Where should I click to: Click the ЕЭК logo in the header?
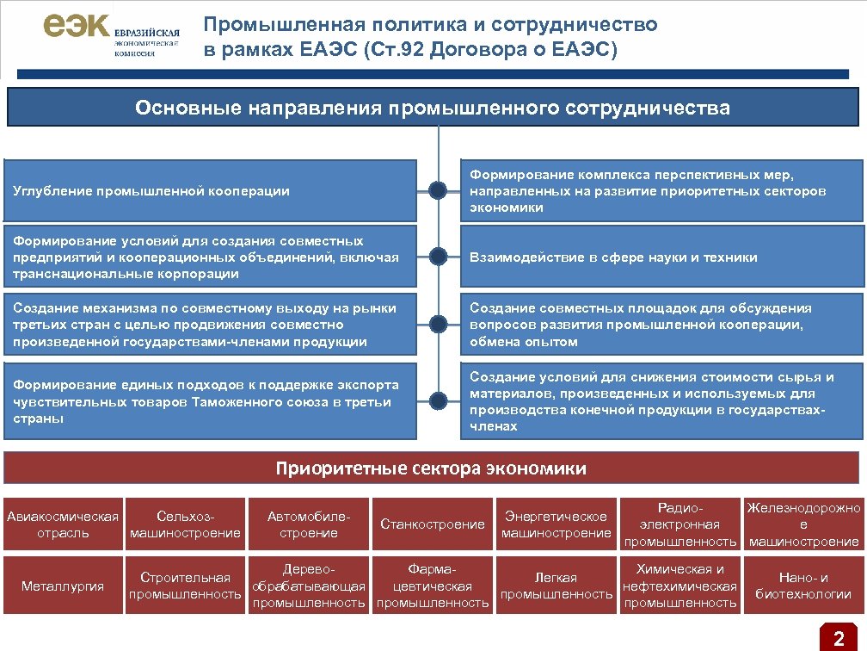pos(111,35)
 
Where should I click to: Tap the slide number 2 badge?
pos(838,638)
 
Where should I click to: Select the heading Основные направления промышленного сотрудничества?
pos(433,108)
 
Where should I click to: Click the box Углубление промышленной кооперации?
pos(210,190)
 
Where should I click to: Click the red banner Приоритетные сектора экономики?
pos(432,468)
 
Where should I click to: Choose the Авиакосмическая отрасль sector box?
pos(63,524)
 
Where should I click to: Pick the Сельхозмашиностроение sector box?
pos(185,524)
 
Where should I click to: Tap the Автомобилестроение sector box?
pos(309,524)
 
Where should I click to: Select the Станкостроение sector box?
pos(433,524)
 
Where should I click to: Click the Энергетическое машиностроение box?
pos(556,524)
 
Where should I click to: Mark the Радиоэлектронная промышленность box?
pos(680,524)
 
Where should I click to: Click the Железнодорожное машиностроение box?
pos(803,524)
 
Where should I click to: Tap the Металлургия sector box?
pos(63,586)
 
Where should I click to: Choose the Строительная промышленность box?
pos(185,586)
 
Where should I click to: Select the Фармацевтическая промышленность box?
pos(433,586)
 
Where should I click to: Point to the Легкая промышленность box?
pos(556,586)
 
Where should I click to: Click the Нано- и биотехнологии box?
pos(803,586)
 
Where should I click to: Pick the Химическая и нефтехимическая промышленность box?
pos(680,586)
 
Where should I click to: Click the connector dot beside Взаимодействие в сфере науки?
pos(439,257)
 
